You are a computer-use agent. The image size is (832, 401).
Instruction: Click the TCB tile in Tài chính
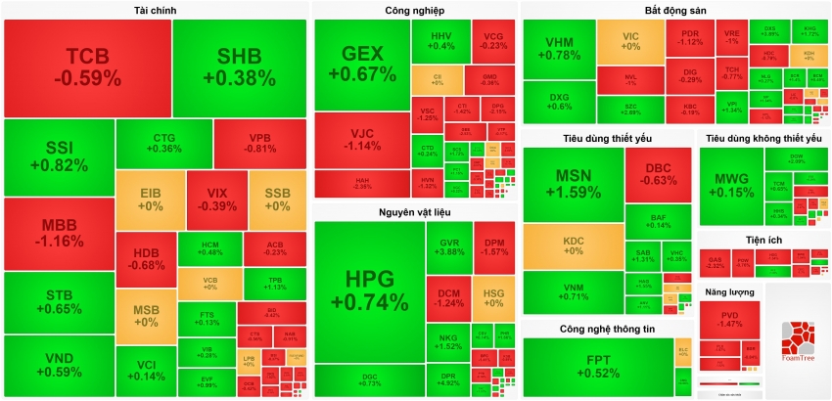coord(87,66)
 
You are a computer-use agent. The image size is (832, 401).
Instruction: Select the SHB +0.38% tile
coord(240,66)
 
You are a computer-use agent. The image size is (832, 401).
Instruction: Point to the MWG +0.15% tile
coord(732,185)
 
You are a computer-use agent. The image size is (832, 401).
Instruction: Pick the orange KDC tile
coord(573,245)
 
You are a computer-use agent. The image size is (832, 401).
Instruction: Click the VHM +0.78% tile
coord(559,49)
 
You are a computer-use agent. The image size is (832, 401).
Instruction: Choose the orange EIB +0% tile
coord(150,200)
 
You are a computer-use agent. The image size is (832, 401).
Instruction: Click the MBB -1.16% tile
coord(58,233)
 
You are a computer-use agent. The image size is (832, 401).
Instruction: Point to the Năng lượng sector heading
coord(730,292)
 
